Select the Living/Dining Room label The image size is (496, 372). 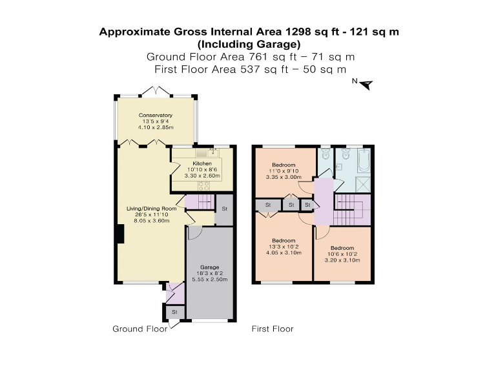point(151,209)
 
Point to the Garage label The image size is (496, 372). point(209,267)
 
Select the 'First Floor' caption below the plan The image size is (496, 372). point(272,329)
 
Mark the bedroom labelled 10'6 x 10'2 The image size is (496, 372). point(342,254)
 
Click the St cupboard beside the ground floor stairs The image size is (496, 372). point(224,209)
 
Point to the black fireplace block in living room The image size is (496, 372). point(119,233)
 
